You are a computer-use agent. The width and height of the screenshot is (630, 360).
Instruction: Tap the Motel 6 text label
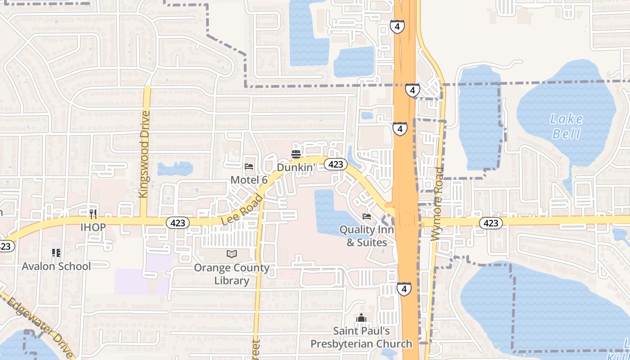pos(249,180)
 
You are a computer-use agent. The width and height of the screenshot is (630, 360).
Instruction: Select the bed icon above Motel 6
pos(249,166)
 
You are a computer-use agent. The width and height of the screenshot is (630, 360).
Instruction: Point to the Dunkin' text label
pos(295,167)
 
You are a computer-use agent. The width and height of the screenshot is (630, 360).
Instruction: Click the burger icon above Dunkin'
pos(296,154)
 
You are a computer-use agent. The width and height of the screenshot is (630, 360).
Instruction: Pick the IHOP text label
pos(93,227)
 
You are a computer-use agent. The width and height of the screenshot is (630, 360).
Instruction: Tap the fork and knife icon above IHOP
pos(93,214)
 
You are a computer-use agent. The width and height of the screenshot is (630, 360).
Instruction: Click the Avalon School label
pos(56,266)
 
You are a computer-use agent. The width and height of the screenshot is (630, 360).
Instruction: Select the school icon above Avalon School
pos(56,253)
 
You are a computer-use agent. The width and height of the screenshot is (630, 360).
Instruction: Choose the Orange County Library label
pos(231,274)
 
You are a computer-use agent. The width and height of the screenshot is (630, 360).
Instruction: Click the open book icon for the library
pos(232,254)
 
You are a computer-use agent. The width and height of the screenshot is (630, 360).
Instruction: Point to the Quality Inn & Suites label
pos(366,236)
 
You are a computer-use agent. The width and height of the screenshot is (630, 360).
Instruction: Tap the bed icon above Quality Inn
pos(367,216)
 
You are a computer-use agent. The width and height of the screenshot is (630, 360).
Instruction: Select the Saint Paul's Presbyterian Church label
pos(361,337)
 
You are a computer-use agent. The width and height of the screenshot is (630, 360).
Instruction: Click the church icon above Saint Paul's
pos(361,319)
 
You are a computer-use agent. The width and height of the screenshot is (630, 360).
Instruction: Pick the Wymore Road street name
pos(437,204)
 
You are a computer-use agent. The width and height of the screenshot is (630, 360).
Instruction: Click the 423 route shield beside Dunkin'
pos(335,164)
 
